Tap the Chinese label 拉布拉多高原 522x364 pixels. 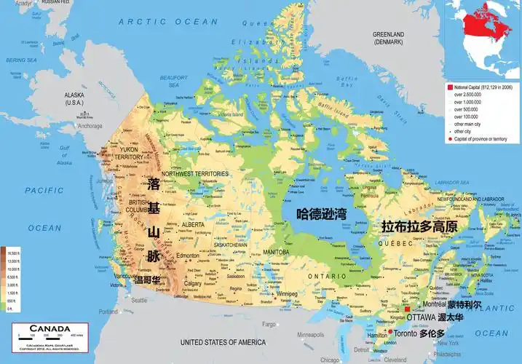tap(420, 227)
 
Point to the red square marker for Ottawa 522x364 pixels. tap(407, 309)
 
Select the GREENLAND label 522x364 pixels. tap(388, 34)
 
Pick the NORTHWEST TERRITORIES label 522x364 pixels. tap(194, 174)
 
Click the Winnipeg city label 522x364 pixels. tap(285, 295)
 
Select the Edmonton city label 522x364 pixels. tap(187, 256)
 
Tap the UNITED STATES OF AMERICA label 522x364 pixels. tap(223, 341)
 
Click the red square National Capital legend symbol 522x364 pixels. tap(450, 87)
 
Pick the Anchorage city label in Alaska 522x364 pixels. tap(90, 126)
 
